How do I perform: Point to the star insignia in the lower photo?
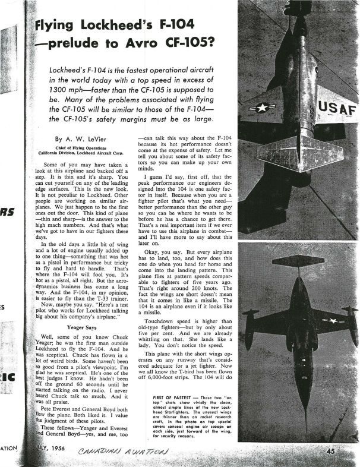click(x=334, y=321)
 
